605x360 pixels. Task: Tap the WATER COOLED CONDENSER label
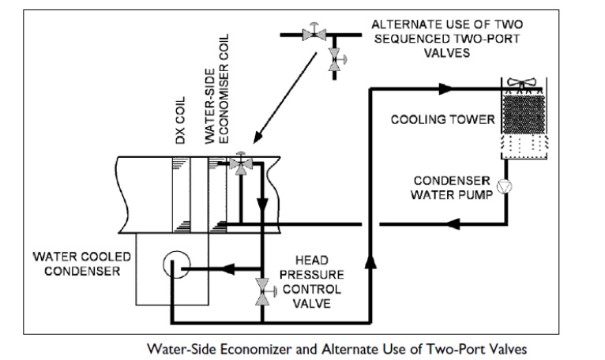[x=76, y=265]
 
